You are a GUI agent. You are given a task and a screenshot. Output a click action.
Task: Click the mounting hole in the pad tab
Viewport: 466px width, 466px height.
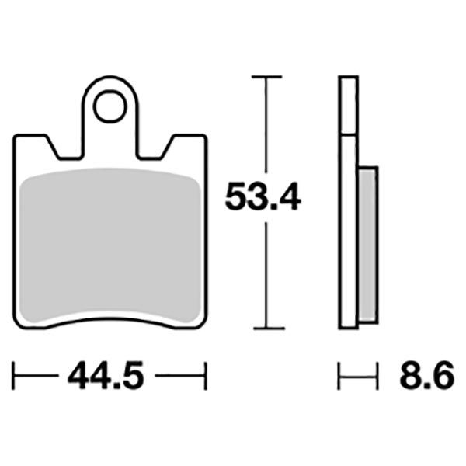(x=110, y=107)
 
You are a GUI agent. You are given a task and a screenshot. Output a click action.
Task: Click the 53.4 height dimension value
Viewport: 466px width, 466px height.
(x=263, y=199)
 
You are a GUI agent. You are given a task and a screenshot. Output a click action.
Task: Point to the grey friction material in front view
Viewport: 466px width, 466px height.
(x=110, y=245)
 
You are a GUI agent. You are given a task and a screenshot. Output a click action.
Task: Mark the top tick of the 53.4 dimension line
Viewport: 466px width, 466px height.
(x=266, y=78)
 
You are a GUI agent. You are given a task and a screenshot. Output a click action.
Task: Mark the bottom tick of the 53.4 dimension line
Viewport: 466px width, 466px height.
(x=266, y=329)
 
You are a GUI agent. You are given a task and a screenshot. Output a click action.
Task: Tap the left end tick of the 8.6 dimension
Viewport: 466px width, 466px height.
(x=339, y=377)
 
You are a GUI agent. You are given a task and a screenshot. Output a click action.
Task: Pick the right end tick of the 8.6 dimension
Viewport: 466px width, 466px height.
(x=377, y=377)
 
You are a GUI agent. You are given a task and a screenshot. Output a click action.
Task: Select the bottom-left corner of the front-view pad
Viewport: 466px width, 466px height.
(x=19, y=325)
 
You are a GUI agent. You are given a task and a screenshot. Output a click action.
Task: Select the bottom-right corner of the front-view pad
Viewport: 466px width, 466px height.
(x=203, y=325)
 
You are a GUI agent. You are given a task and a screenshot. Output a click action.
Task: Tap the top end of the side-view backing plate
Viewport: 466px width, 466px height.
(x=348, y=78)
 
